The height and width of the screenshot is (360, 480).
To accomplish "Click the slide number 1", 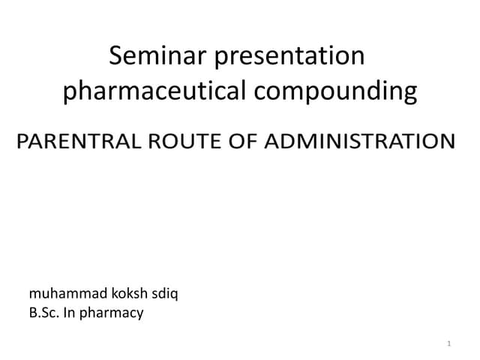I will [448, 343].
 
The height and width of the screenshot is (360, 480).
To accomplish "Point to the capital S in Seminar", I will [115, 56].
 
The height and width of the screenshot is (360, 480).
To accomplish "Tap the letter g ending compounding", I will [409, 93].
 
